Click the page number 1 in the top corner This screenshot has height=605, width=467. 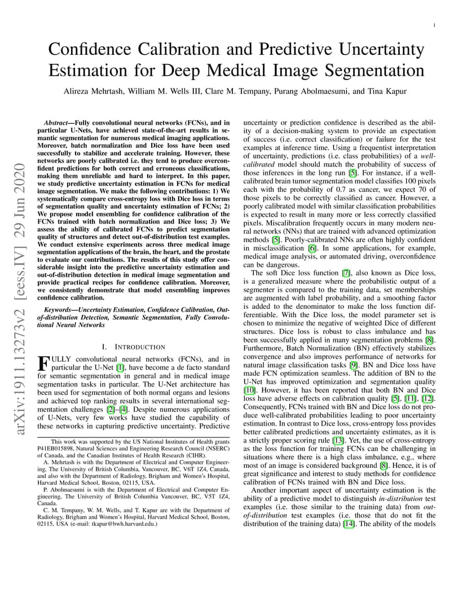pyautogui.click(x=435, y=25)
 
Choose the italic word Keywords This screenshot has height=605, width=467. pyautogui.click(x=59, y=310)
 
